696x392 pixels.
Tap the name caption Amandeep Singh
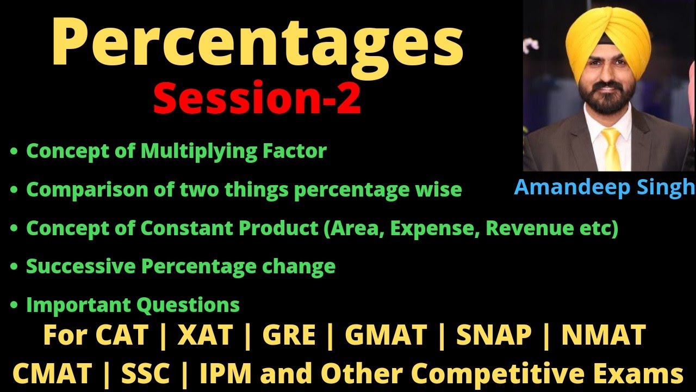pos(604,187)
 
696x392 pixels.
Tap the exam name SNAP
pos(494,335)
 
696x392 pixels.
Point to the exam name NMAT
pos(604,335)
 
